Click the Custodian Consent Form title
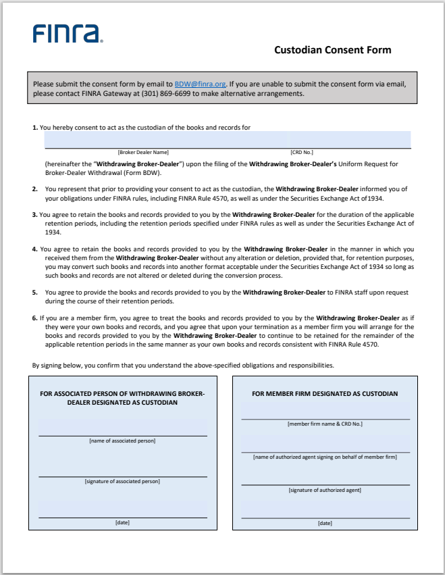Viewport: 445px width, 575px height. (x=332, y=50)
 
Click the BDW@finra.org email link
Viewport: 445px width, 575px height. (x=200, y=84)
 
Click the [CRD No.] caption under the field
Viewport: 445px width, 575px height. (x=301, y=153)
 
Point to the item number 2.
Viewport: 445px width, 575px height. (x=34, y=189)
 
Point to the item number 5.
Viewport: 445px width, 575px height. (x=34, y=293)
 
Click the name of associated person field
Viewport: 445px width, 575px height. (x=122, y=428)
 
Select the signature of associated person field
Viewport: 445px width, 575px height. (x=122, y=468)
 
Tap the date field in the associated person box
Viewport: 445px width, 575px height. (x=122, y=509)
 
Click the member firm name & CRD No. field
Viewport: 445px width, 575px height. (x=325, y=411)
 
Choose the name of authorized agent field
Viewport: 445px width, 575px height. (x=325, y=444)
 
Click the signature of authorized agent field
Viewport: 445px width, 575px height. (x=325, y=477)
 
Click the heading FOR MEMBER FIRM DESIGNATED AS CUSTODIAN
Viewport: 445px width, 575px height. (x=325, y=394)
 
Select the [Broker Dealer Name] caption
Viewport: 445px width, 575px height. (x=143, y=153)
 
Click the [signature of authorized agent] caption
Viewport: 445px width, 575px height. (x=325, y=490)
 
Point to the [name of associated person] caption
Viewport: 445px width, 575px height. (x=122, y=441)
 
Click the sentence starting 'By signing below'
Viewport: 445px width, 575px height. (x=183, y=366)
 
